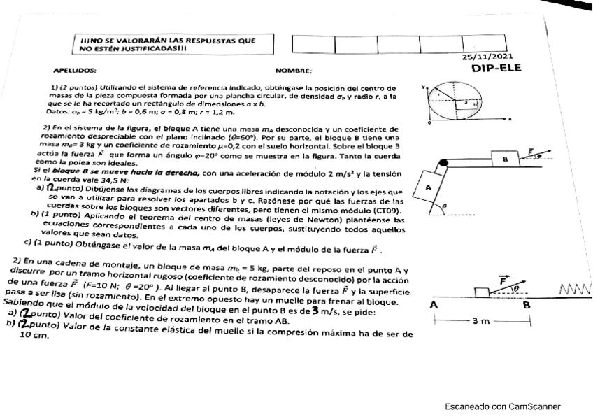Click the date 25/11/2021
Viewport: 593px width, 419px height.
point(487,57)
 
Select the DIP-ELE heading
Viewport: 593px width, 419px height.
point(496,69)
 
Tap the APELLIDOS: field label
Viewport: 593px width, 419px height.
point(75,71)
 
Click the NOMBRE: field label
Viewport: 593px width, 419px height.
point(293,71)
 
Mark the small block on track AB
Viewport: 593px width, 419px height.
point(481,292)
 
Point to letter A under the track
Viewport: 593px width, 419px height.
point(434,305)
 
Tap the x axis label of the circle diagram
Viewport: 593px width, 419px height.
point(510,120)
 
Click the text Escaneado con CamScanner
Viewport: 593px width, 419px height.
point(503,406)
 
